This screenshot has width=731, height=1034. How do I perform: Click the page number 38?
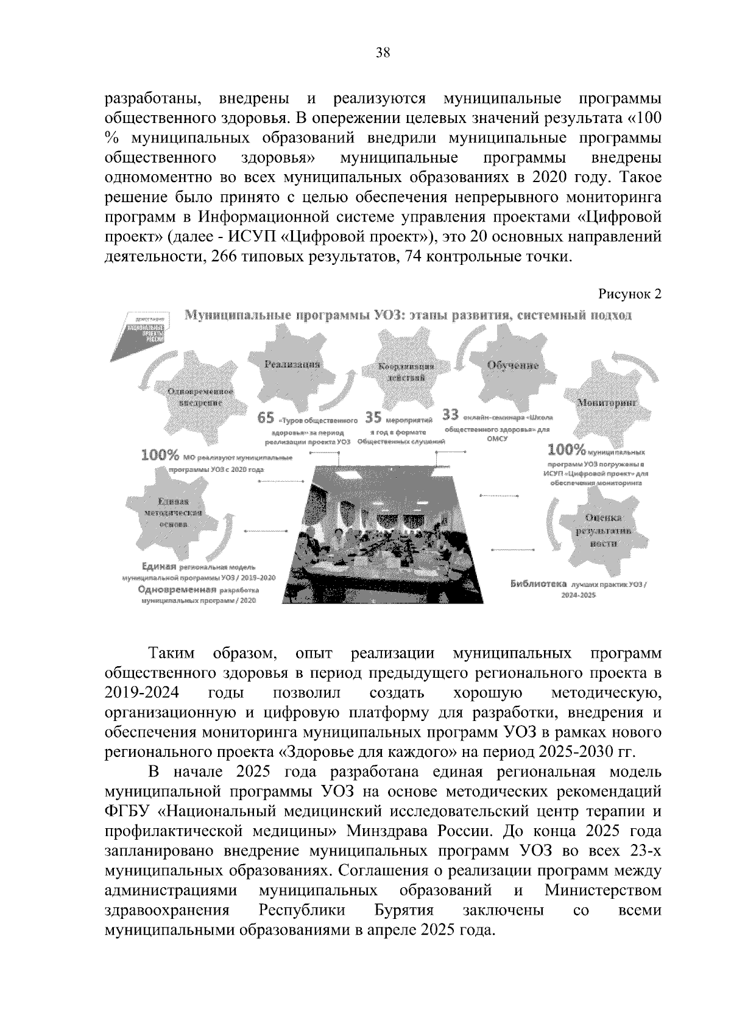(x=383, y=52)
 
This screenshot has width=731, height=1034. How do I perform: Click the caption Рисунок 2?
(x=629, y=294)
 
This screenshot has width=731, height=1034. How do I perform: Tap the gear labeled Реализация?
(x=292, y=368)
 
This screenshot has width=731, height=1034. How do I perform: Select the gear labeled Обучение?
(x=512, y=368)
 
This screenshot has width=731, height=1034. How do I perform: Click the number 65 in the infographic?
(x=266, y=418)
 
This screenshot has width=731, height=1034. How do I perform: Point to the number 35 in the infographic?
(x=373, y=417)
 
